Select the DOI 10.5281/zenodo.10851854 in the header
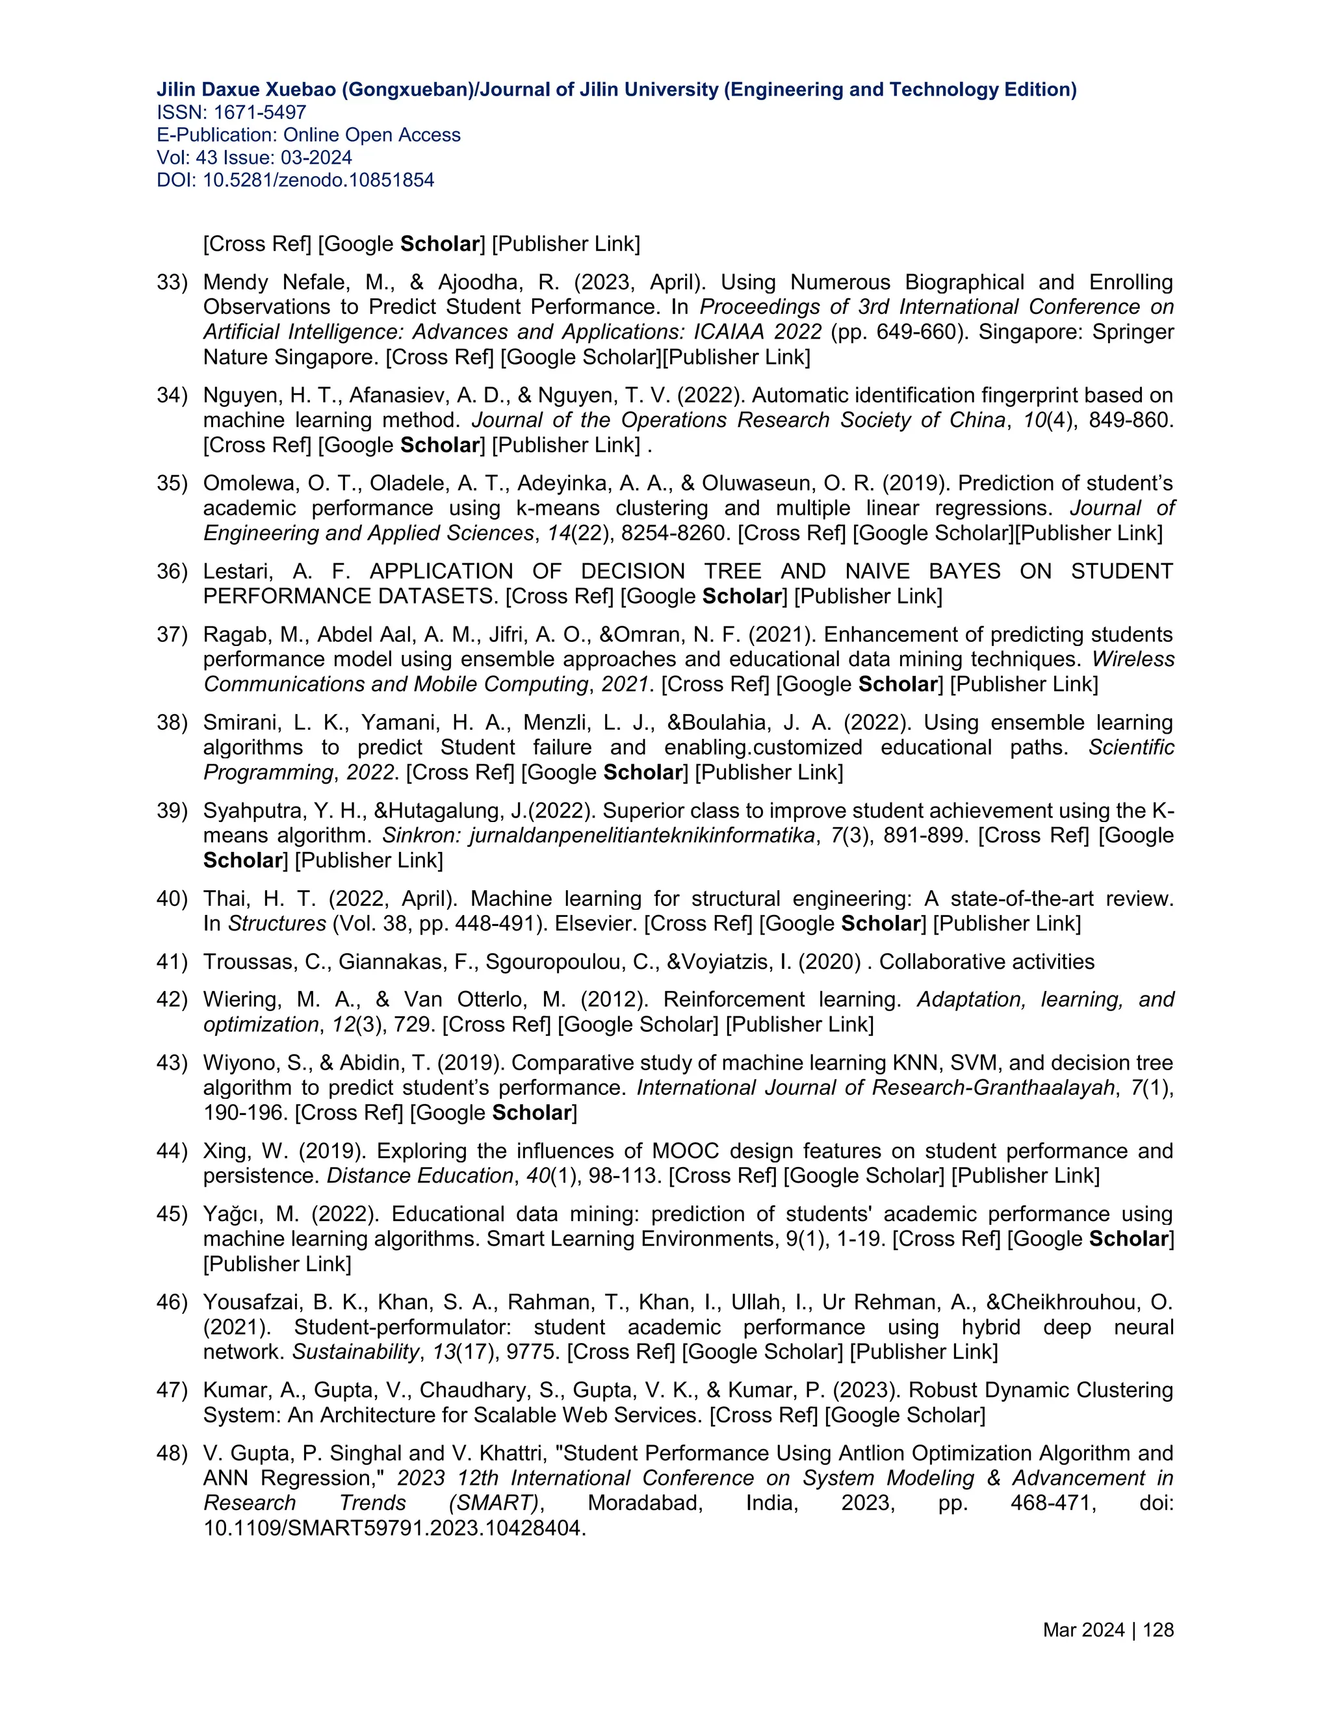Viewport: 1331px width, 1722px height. [318, 181]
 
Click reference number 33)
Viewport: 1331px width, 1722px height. [172, 282]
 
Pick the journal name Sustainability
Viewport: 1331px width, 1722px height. [355, 1352]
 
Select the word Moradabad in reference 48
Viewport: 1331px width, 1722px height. [644, 1503]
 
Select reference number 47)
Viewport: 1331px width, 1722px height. [172, 1390]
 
